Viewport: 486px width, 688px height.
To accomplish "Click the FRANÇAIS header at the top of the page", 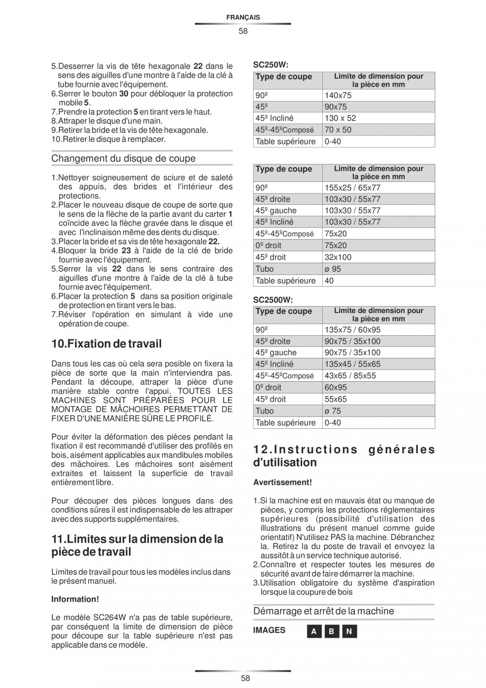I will (x=242, y=17).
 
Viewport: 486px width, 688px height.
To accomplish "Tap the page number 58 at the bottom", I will (x=242, y=678).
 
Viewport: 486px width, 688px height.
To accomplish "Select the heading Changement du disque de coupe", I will (x=123, y=159).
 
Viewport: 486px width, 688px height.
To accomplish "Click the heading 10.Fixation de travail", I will (x=106, y=344).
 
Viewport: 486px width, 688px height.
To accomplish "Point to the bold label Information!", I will (x=75, y=599).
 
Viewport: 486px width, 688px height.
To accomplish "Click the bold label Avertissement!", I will (x=282, y=482).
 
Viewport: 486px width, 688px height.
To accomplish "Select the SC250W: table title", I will (x=270, y=65).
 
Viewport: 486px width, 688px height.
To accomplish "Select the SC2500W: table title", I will (x=273, y=299).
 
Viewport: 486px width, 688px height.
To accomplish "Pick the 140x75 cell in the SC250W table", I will (x=338, y=96).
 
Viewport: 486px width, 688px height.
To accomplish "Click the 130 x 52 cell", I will (x=340, y=118).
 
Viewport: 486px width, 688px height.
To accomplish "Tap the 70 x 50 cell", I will (x=338, y=130).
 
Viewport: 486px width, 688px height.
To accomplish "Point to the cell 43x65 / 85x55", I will (x=350, y=375).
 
